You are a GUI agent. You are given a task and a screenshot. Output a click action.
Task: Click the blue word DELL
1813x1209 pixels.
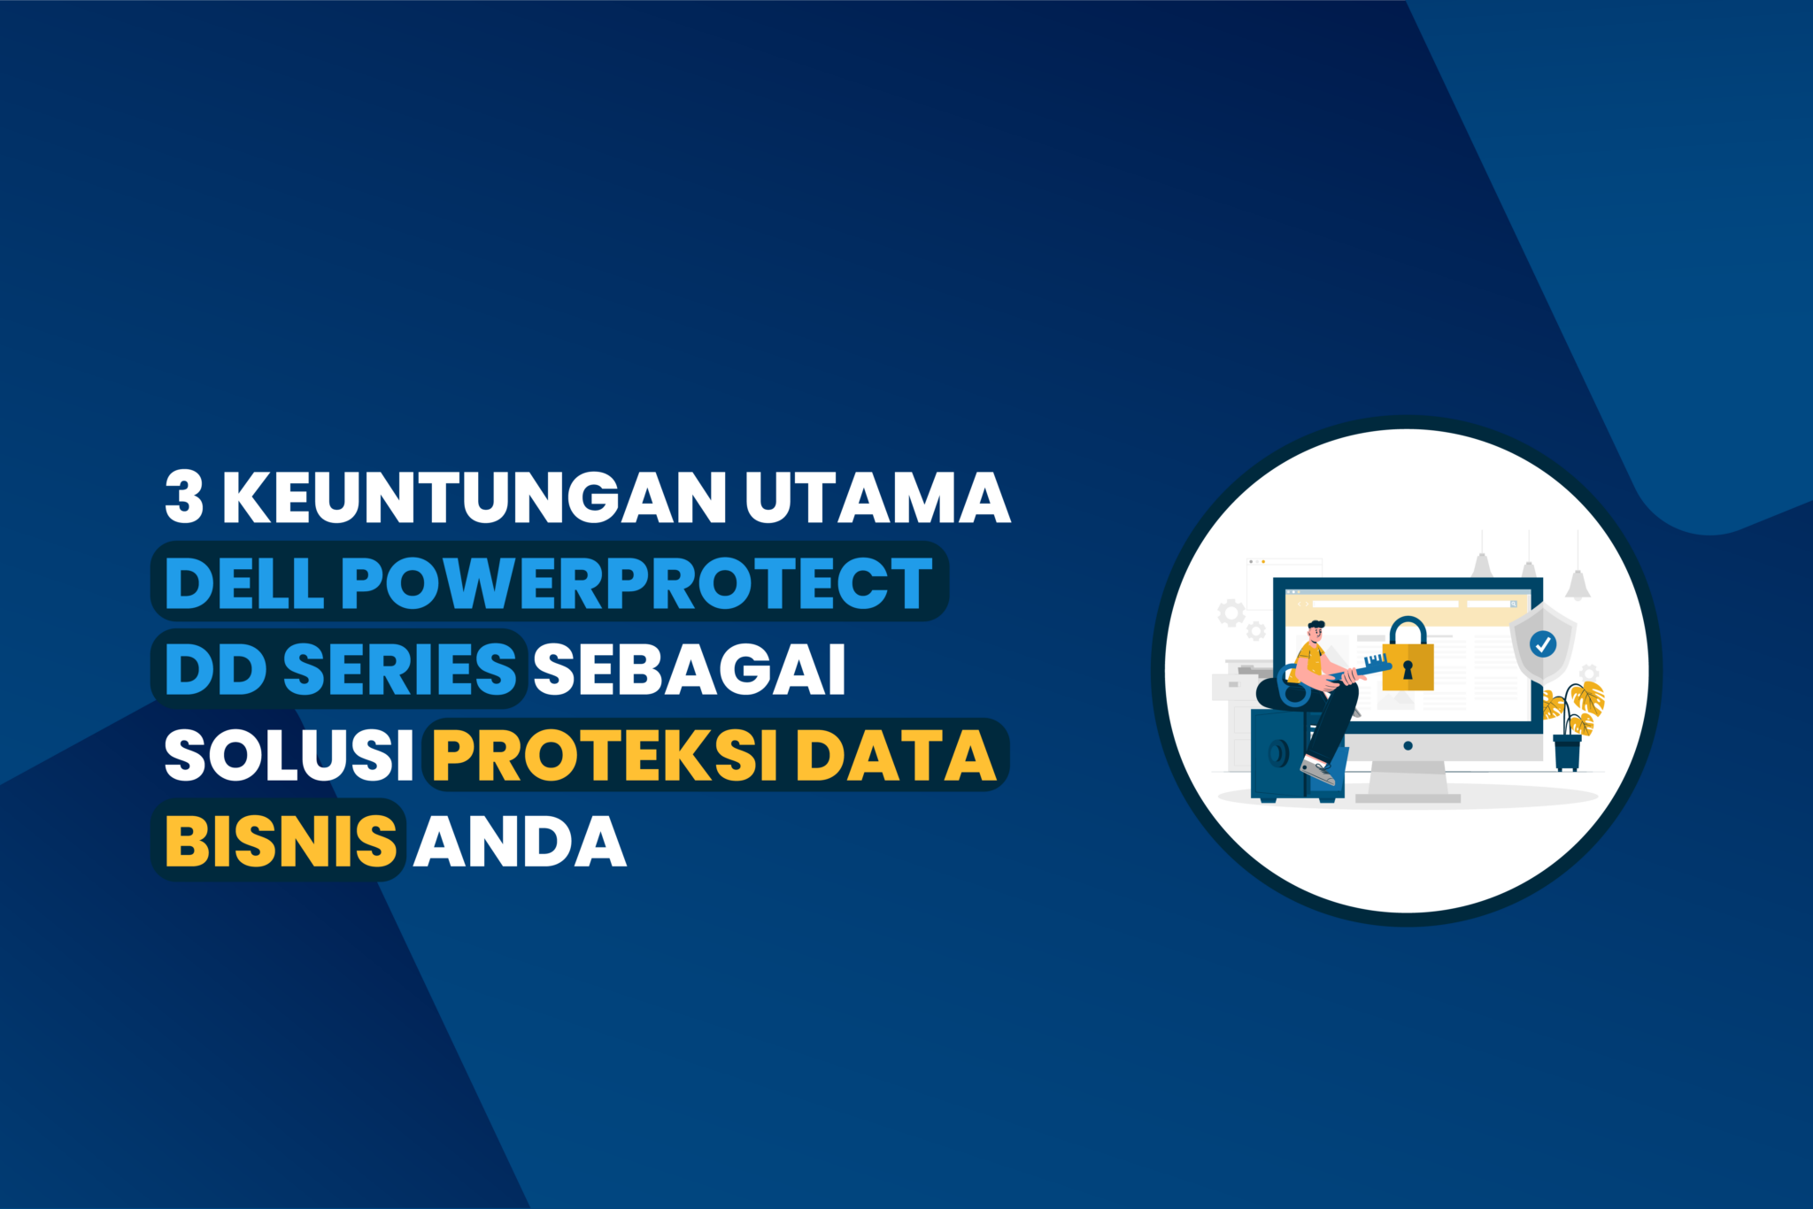[243, 583]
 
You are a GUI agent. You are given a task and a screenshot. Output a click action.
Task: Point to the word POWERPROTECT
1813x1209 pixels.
[636, 583]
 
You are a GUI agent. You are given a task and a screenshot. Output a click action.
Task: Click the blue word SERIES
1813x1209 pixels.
[399, 668]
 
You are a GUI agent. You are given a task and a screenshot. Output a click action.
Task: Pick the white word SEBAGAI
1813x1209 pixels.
[690, 668]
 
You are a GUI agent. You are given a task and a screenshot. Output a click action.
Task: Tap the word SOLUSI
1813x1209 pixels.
[289, 755]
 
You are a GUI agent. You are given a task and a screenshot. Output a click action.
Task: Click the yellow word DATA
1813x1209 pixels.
[896, 755]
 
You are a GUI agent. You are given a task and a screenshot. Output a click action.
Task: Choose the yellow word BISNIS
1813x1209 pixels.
[281, 840]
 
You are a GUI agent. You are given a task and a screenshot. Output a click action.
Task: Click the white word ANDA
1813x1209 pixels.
[521, 840]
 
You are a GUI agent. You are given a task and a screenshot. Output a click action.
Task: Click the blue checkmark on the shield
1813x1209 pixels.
[1543, 643]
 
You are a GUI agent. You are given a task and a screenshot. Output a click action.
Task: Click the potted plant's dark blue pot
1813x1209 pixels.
[1567, 752]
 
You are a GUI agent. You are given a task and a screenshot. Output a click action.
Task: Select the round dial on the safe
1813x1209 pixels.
[1278, 754]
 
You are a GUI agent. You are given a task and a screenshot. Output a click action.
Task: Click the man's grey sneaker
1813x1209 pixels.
[1318, 772]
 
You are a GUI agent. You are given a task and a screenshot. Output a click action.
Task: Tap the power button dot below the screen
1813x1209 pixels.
[1408, 745]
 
